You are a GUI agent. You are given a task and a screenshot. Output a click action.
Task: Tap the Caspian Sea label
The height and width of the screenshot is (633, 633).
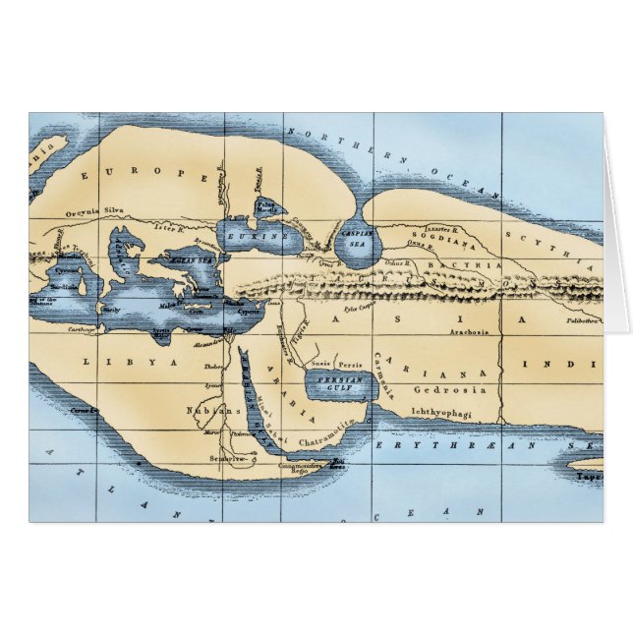pyautogui.click(x=358, y=239)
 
